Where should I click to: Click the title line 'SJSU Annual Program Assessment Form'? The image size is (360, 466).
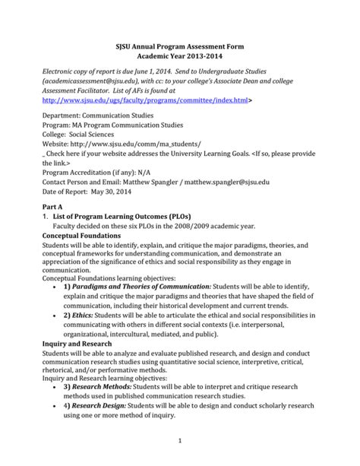(180, 45)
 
